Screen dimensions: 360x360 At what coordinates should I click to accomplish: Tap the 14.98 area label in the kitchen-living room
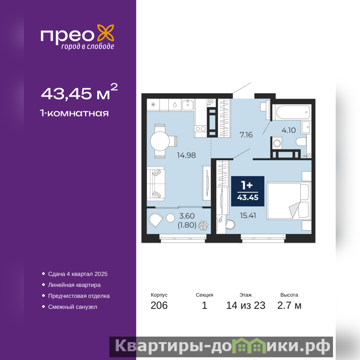[x=186, y=155]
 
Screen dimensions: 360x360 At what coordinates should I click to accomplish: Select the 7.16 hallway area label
[x=246, y=135]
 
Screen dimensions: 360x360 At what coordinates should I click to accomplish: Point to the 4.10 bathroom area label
[x=288, y=130]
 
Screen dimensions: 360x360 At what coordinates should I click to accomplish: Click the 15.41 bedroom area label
[x=248, y=216]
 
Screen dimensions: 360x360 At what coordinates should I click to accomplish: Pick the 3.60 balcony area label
[x=187, y=216]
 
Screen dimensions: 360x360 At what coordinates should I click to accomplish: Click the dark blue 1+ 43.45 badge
[x=248, y=191]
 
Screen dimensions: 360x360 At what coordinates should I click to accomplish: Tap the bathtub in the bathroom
[x=292, y=112]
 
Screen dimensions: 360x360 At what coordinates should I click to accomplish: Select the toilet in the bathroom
[x=301, y=142]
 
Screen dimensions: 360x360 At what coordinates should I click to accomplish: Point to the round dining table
[x=160, y=141]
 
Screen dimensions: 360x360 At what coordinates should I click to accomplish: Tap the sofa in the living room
[x=156, y=184]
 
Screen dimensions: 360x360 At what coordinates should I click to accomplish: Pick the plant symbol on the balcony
[x=203, y=225]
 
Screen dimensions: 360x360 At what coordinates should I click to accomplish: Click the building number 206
[x=159, y=306]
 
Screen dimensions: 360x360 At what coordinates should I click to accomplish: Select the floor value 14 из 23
[x=246, y=306]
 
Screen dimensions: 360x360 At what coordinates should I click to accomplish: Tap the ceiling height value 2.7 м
[x=289, y=306]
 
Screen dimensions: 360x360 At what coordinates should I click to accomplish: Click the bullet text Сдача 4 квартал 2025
[x=78, y=274]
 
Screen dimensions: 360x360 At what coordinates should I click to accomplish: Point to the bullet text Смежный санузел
[x=72, y=307]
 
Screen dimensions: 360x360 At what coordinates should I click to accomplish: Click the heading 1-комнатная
[x=74, y=113]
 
